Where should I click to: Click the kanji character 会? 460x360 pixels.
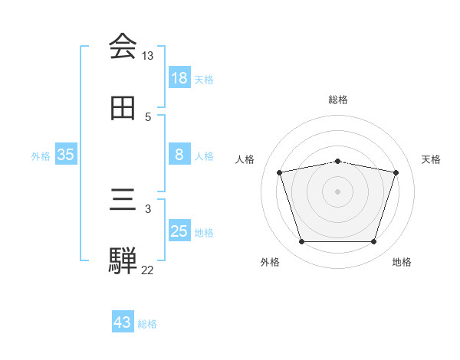tap(123, 47)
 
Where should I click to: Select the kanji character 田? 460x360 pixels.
tap(123, 109)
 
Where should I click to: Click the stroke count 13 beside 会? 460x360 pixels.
tap(147, 56)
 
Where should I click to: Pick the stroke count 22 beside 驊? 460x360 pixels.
tap(147, 270)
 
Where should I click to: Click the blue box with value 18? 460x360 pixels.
tap(179, 78)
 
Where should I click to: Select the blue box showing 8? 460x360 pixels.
tap(179, 155)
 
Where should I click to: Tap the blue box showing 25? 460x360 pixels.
tap(179, 231)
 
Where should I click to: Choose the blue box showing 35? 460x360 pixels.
tap(66, 155)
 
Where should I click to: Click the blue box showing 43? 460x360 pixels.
tap(123, 322)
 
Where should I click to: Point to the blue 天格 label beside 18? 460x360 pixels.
tap(204, 79)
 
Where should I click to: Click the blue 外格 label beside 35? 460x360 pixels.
tap(41, 155)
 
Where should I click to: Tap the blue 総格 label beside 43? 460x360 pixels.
tap(147, 323)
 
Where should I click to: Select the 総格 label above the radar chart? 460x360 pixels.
tap(338, 100)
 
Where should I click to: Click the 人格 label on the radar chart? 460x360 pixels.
tap(245, 159)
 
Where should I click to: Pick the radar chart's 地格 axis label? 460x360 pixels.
tap(402, 262)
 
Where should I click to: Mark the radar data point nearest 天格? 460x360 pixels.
tap(396, 172)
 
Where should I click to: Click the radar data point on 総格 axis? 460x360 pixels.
tap(338, 162)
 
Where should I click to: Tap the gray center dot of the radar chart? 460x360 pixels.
tap(338, 191)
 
